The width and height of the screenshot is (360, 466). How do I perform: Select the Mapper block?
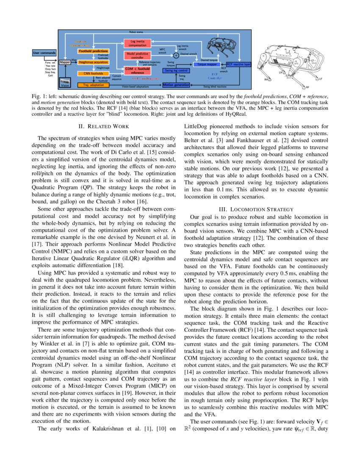pos(65,62)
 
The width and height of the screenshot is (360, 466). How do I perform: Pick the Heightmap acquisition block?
pos(94,62)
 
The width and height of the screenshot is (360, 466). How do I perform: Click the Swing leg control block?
pos(176,71)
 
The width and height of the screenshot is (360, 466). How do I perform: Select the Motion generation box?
pos(176,85)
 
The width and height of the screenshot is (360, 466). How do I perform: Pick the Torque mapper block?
pos(207,64)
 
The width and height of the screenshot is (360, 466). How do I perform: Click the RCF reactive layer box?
pos(238,64)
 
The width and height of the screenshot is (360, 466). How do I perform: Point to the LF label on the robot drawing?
pos(321,79)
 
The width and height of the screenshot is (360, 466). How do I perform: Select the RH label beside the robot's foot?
pos(266,79)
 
